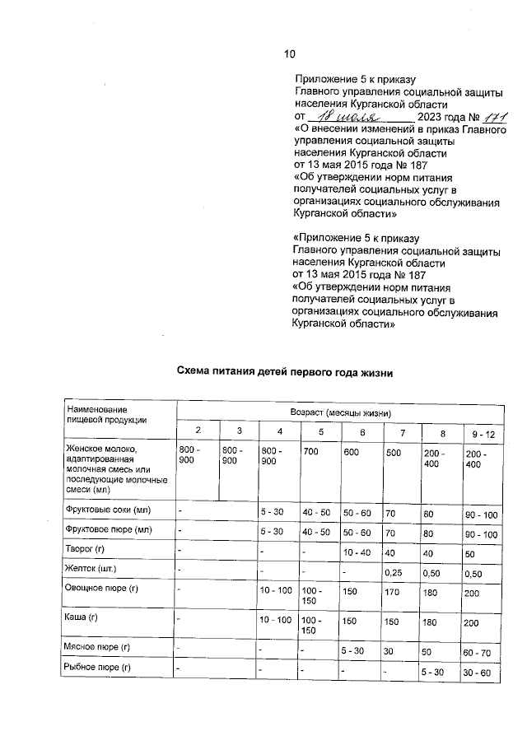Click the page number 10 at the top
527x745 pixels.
coord(289,54)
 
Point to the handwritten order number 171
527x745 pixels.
coord(490,118)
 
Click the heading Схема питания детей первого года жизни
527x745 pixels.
coord(286,372)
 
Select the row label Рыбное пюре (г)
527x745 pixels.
coord(98,668)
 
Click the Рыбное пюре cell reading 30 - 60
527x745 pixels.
coord(478,674)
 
